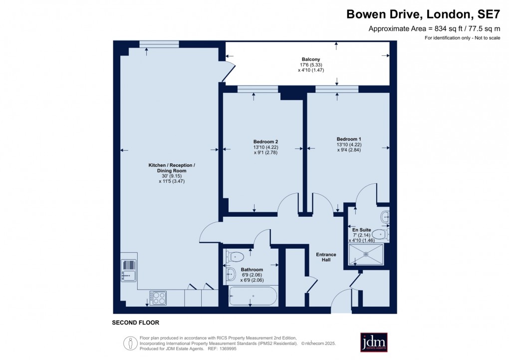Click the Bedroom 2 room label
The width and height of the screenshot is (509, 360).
click(x=262, y=141)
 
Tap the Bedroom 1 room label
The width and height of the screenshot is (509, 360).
click(x=348, y=139)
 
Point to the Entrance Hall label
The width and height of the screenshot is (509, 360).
click(x=326, y=258)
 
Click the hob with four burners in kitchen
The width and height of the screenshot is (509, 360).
click(x=159, y=298)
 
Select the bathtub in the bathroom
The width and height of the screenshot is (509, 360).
click(x=253, y=296)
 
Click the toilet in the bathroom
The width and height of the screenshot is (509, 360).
click(x=235, y=257)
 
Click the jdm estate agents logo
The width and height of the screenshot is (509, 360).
click(x=374, y=343)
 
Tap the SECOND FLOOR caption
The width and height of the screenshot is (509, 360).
click(x=135, y=323)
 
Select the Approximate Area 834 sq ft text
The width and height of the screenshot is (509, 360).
click(x=434, y=28)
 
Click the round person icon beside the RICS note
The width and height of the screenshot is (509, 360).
click(x=131, y=343)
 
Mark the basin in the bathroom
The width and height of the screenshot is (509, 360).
click(x=232, y=274)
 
